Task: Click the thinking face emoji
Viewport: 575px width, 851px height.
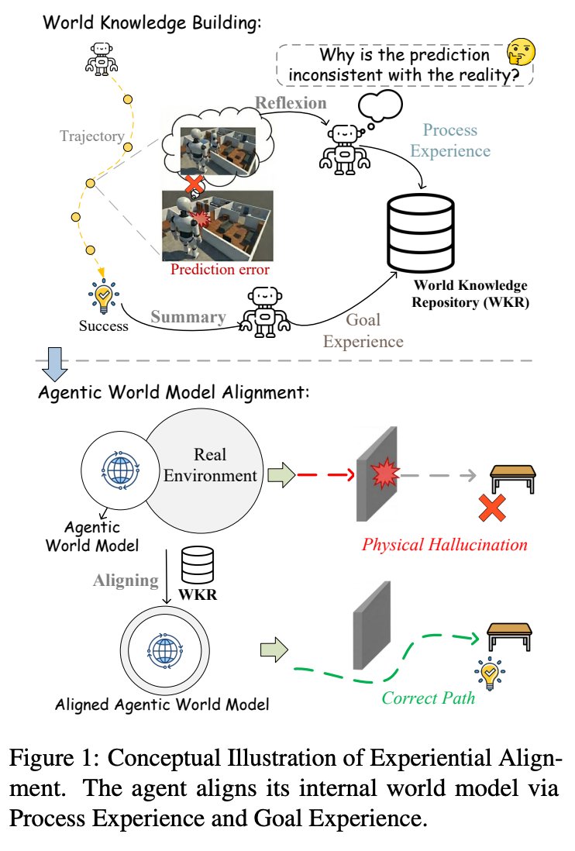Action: coord(521,53)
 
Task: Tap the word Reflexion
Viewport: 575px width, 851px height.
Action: coord(291,102)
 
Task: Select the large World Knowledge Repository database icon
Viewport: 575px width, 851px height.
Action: coord(420,233)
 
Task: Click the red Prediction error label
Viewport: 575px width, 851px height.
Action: coord(220,269)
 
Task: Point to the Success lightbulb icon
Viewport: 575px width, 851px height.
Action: coord(103,296)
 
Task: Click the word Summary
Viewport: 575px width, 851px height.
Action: coord(188,317)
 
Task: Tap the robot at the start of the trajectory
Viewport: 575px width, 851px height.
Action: coord(102,59)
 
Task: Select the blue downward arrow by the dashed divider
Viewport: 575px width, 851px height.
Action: coord(55,364)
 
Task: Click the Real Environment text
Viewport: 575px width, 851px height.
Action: coord(210,464)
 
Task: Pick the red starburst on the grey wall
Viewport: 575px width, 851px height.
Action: coord(386,472)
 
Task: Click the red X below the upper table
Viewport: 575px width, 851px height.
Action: coord(493,508)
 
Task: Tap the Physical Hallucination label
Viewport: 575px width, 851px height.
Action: coord(444,544)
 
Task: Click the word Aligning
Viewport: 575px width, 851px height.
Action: coord(126,581)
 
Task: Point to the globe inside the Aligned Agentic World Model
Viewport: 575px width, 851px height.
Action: coord(164,650)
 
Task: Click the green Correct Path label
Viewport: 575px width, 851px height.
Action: coord(428,698)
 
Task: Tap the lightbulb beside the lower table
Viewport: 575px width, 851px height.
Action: coord(490,673)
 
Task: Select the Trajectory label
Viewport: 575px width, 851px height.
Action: coord(92,136)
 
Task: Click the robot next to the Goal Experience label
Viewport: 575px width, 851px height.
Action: coord(265,312)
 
